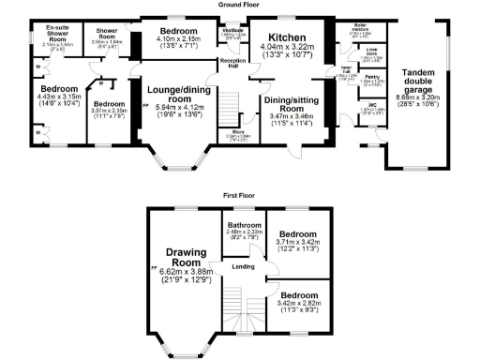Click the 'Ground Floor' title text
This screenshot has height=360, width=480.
(x=239, y=4)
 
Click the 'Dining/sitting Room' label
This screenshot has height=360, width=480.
(x=289, y=103)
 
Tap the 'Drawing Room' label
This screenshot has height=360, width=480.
(x=185, y=257)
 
